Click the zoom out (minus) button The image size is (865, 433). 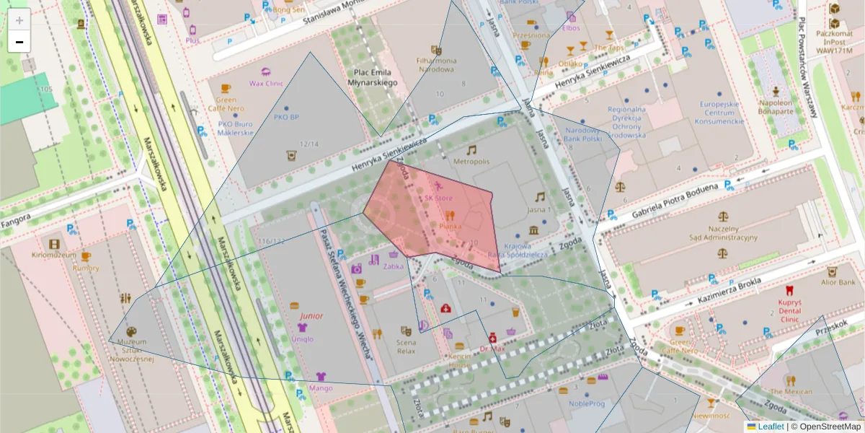point(19,42)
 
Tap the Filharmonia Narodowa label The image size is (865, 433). point(435,65)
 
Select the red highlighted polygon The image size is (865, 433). point(440,216)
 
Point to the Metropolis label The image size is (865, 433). point(471,161)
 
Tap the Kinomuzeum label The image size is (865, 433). point(54,255)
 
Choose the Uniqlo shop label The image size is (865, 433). point(303,339)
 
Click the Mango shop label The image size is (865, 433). point(320,388)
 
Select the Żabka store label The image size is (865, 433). point(394,266)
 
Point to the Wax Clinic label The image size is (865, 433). point(266,83)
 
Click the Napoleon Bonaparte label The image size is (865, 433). point(776,107)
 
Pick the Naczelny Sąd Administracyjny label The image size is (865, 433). point(723,232)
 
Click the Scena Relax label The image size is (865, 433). point(406,346)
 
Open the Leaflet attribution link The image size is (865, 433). point(770,427)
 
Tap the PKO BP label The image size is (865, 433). point(286,116)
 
